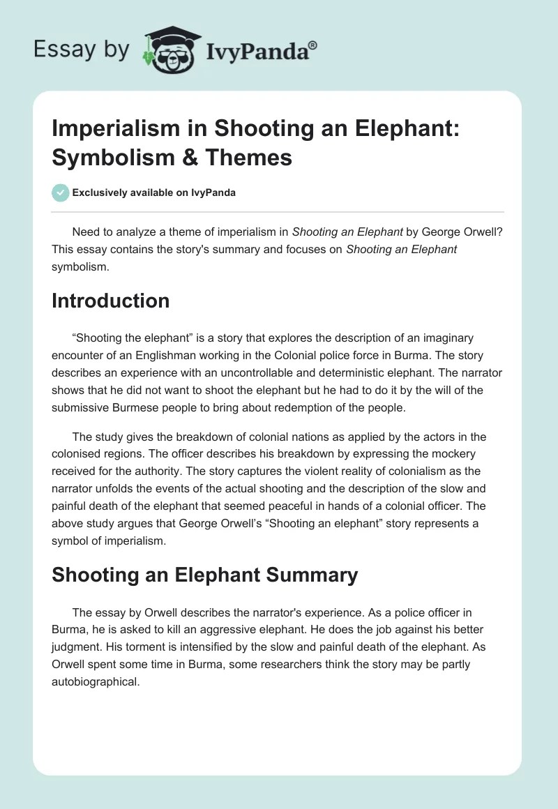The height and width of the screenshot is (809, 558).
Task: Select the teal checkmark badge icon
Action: point(61,192)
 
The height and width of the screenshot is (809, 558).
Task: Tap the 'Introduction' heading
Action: point(110,301)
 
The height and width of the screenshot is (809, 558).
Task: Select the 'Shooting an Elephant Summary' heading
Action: point(205,575)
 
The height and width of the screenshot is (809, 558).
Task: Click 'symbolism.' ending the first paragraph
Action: point(80,266)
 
